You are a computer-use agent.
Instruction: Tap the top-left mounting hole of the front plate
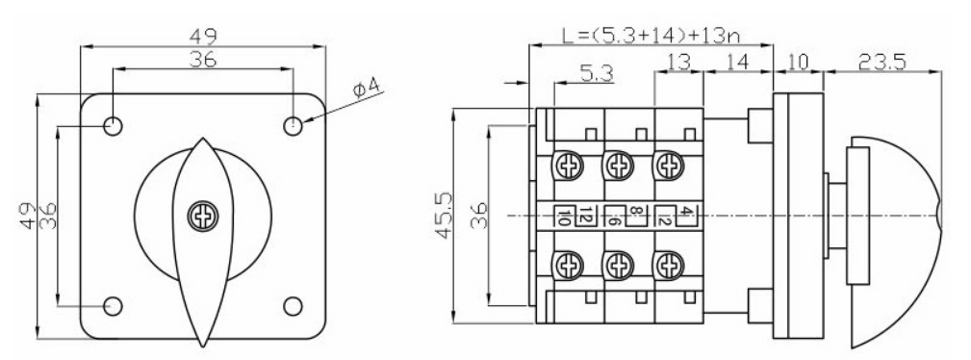pyautogui.click(x=113, y=126)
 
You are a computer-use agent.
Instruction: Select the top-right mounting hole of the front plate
pyautogui.click(x=293, y=126)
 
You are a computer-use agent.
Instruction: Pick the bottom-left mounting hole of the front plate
pyautogui.click(x=113, y=306)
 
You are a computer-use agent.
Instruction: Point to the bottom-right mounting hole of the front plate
pyautogui.click(x=293, y=306)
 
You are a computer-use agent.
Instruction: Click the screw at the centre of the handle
pyautogui.click(x=202, y=217)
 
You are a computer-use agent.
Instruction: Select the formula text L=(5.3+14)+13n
pyautogui.click(x=651, y=35)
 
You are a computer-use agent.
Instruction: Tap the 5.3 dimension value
pyautogui.click(x=597, y=74)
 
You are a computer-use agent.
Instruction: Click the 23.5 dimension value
pyautogui.click(x=883, y=62)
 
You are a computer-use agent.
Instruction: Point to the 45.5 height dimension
pyautogui.click(x=444, y=215)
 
